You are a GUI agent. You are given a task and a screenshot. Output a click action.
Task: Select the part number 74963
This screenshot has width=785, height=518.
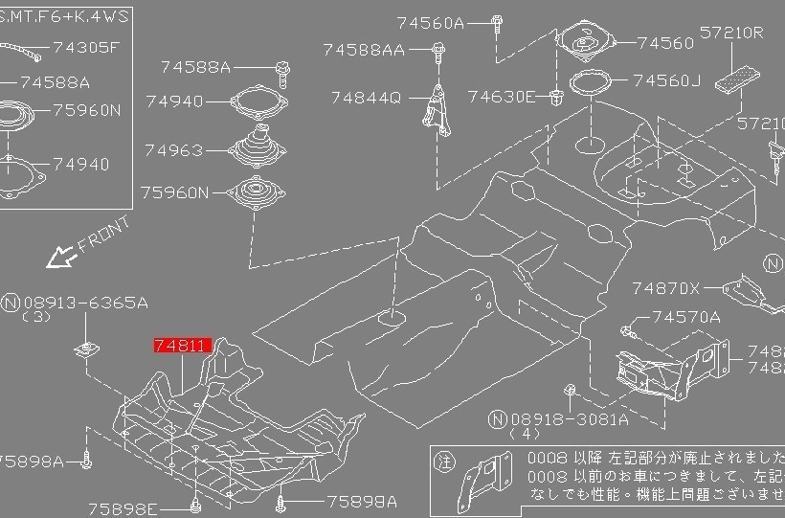pos(174,150)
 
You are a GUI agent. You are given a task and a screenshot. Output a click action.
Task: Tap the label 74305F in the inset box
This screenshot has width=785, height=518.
pos(86,46)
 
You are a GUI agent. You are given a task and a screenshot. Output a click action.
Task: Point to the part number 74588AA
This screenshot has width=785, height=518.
pos(364,49)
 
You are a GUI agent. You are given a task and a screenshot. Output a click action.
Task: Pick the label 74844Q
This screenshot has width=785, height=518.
pos(367,97)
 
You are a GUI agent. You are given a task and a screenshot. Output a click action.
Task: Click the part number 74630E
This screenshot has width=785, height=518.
pos(503,97)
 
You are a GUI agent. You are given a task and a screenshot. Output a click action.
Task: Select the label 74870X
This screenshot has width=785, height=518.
pos(666,287)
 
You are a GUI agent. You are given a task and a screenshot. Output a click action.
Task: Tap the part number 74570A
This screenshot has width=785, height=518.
pos(686,317)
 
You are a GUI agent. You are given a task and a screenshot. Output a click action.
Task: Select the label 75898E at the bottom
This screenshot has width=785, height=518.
pos(123,508)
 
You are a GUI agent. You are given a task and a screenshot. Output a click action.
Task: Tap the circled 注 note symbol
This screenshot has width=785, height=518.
pos(441,460)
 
